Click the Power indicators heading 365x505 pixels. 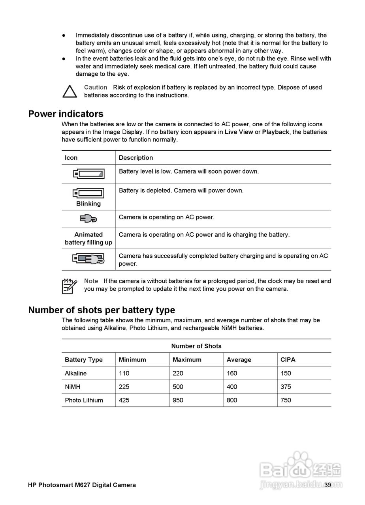(x=66, y=114)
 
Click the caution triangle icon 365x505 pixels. (x=70, y=92)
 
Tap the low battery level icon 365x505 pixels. (x=88, y=174)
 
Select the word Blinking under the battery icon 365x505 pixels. (x=88, y=204)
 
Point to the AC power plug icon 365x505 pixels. (x=88, y=218)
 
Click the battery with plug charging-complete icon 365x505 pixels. (x=88, y=259)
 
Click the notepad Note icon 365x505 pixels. (x=69, y=286)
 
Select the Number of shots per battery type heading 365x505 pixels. (x=102, y=310)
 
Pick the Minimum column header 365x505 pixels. (x=132, y=360)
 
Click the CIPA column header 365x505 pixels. (x=288, y=360)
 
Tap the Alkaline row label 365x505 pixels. (x=76, y=373)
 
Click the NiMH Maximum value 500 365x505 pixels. (x=178, y=387)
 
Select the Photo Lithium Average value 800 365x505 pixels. (x=232, y=400)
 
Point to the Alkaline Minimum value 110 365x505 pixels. (x=124, y=373)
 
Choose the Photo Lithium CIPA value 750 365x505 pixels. (x=286, y=400)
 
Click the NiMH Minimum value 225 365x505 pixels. (x=124, y=387)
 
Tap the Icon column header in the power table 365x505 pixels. (x=71, y=158)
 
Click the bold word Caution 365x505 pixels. (x=96, y=87)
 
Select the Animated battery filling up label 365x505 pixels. (x=88, y=238)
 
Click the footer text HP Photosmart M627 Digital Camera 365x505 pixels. (x=82, y=485)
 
